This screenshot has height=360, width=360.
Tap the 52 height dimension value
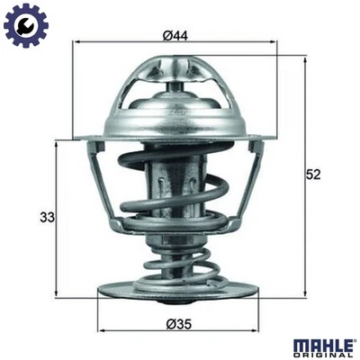click(x=313, y=173)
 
